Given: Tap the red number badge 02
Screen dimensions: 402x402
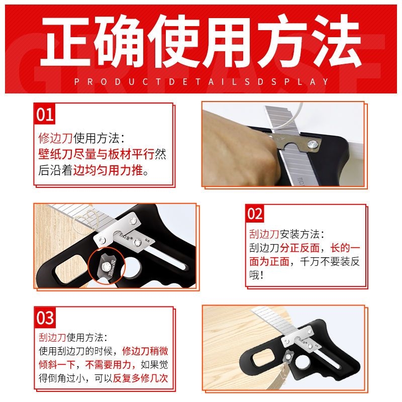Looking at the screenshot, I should (255, 214).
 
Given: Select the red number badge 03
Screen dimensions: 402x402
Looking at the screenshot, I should (45, 318).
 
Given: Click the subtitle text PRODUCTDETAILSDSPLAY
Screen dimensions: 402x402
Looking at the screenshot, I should (201, 81).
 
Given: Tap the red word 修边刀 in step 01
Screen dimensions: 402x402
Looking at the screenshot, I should (55, 138).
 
